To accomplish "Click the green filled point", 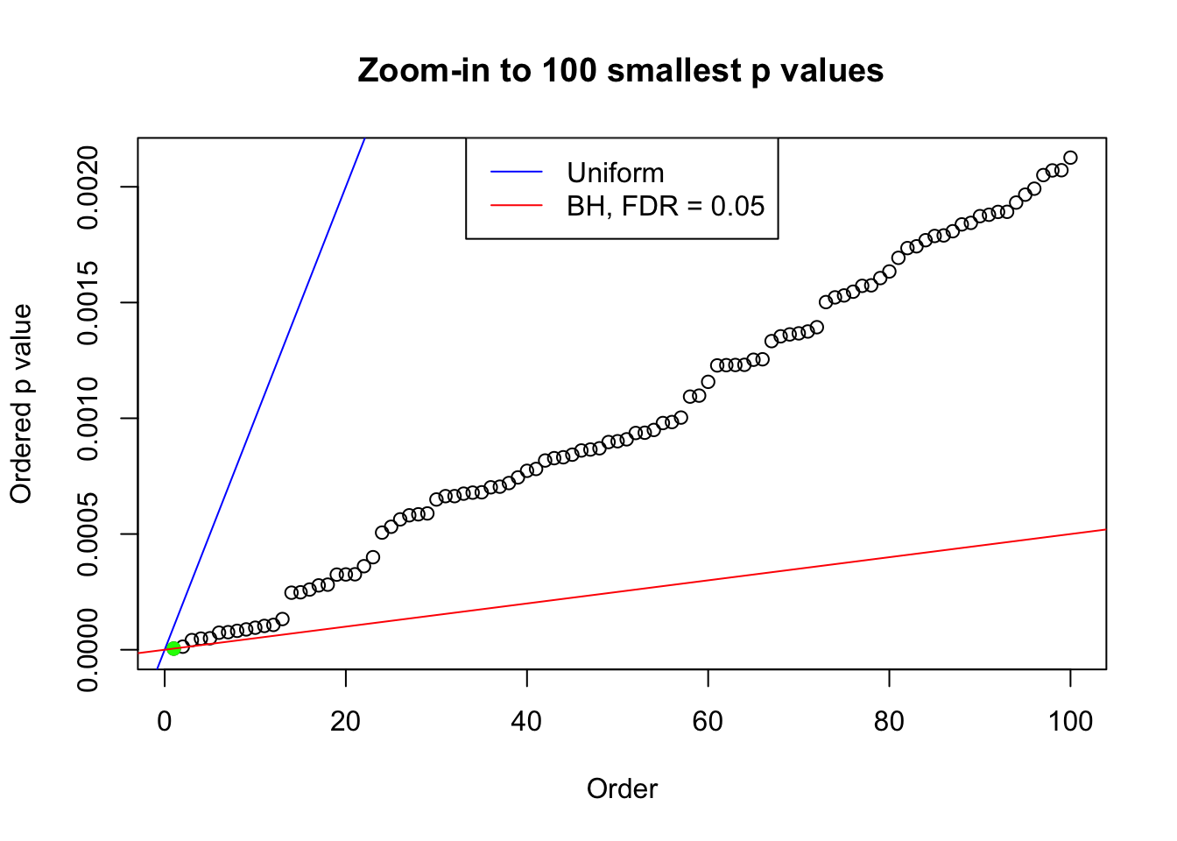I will (173, 648).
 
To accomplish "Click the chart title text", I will (620, 70).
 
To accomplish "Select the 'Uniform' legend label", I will (615, 173).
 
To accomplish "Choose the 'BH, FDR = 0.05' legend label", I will (665, 206).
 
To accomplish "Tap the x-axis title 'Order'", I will (622, 788).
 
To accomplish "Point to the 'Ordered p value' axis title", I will (21, 404).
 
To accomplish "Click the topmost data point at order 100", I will (1070, 158).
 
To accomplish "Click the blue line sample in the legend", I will (516, 173).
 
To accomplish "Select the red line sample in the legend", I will (516, 206).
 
